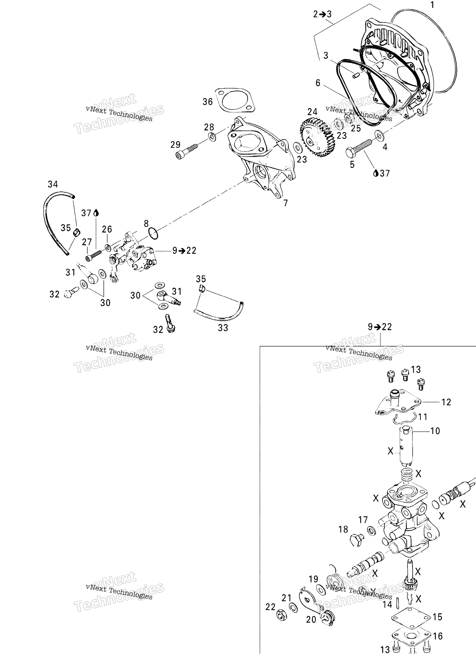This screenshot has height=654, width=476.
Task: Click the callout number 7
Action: pyautogui.click(x=285, y=203)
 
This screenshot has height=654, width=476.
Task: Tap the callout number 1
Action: pyautogui.click(x=432, y=5)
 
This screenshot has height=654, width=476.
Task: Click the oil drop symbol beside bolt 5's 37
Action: pyautogui.click(x=376, y=173)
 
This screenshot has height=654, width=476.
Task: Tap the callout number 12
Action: pyautogui.click(x=446, y=402)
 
